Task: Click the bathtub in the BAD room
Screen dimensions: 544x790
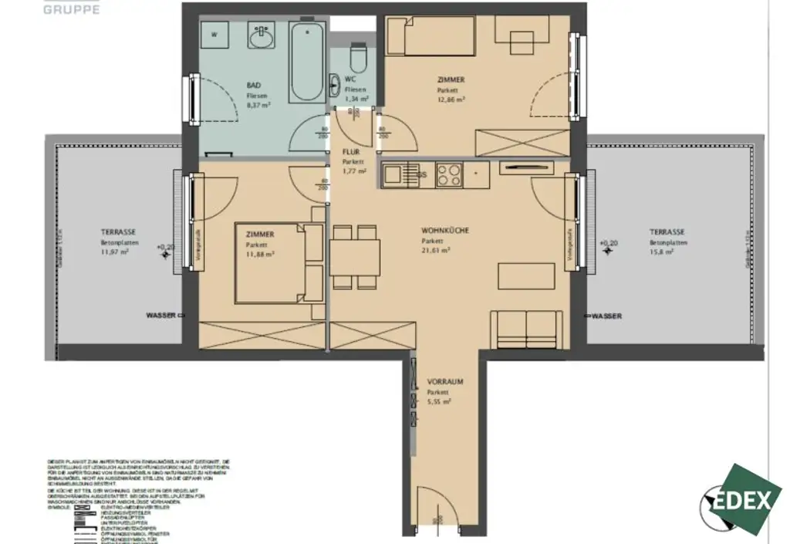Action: pos(308,62)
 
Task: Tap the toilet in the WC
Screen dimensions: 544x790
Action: pos(357,56)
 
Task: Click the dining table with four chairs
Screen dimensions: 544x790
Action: pos(356,254)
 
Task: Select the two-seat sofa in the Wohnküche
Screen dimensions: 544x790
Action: pos(526,329)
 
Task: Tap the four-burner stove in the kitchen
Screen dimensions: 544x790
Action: pos(449,174)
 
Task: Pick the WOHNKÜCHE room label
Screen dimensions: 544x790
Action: pos(445,231)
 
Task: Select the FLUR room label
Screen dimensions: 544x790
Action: pos(351,152)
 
